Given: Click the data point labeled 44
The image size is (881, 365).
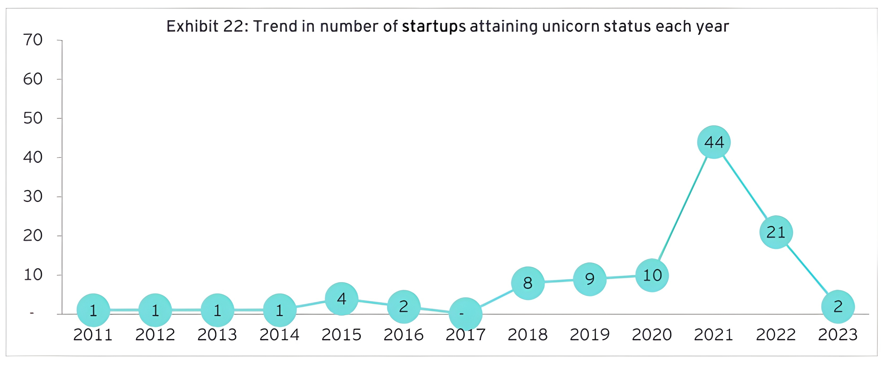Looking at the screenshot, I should point(714,142).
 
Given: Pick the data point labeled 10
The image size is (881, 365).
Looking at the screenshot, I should point(652,275).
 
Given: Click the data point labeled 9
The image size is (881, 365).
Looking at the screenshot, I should point(590,279).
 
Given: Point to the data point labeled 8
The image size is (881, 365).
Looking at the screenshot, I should point(528,283).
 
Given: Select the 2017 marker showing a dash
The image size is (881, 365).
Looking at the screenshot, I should point(465,314).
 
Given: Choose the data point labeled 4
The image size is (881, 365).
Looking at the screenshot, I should point(341,299).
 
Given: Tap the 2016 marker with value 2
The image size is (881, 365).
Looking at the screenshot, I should point(404,307).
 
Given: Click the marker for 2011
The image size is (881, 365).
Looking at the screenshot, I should point(93,310).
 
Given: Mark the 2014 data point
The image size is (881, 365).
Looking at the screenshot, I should point(280,310).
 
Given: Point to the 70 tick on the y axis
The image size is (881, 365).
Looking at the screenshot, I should point(33,40).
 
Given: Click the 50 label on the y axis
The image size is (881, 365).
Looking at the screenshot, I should point(33,118).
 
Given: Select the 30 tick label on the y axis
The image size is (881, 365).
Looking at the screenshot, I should point(33,197).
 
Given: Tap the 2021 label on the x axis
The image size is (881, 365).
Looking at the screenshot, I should point(714,335).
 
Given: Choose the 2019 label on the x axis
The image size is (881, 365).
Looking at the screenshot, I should point(590,335).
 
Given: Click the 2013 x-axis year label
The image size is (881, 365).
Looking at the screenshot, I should point(217,335).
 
